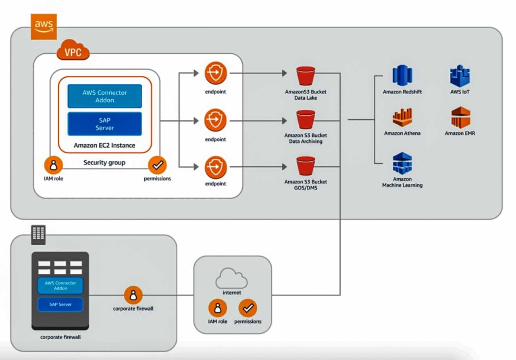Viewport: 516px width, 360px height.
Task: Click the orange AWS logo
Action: (44, 27)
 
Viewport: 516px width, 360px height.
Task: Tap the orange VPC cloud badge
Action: (73, 51)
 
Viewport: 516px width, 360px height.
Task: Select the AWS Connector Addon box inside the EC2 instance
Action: (104, 96)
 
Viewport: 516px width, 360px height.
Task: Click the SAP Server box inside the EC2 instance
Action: (104, 124)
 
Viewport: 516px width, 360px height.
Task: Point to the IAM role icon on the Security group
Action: (53, 165)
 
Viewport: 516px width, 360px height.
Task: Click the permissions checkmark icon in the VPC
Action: (157, 165)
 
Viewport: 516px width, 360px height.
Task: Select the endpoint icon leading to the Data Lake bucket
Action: (216, 73)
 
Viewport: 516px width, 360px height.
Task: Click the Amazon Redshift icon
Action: (402, 75)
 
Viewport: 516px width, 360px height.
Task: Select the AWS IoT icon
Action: (460, 76)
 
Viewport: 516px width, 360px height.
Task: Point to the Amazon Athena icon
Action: (402, 118)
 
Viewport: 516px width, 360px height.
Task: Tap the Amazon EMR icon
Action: (460, 118)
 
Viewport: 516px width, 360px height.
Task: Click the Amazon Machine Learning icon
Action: (402, 163)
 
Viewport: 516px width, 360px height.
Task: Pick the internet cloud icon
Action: (231, 278)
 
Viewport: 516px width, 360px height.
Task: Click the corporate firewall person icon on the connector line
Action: (133, 295)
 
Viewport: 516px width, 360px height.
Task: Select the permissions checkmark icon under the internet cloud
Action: (248, 308)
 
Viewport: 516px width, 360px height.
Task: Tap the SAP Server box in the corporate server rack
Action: (60, 304)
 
